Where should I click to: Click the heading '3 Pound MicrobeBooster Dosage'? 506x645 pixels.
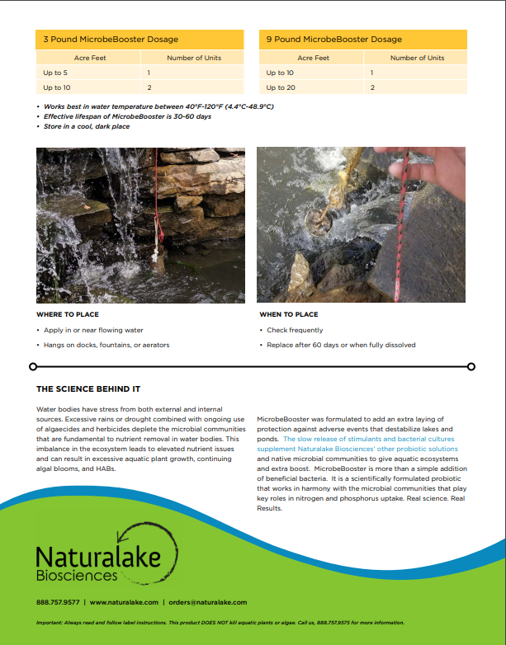tap(111, 40)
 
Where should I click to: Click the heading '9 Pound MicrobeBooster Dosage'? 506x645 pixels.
tap(334, 40)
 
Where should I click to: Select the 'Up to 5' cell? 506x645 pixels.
tap(55, 73)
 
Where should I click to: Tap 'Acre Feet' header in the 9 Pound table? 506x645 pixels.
tap(313, 58)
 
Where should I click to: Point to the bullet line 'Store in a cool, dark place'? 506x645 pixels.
tap(87, 127)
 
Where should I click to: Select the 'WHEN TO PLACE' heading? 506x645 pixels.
tap(288, 314)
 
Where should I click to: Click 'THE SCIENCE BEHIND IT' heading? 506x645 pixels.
tap(88, 388)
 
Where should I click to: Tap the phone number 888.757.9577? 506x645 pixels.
tap(58, 603)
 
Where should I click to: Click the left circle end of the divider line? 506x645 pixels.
tap(33, 366)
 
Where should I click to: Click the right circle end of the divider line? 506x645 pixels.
tap(471, 366)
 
